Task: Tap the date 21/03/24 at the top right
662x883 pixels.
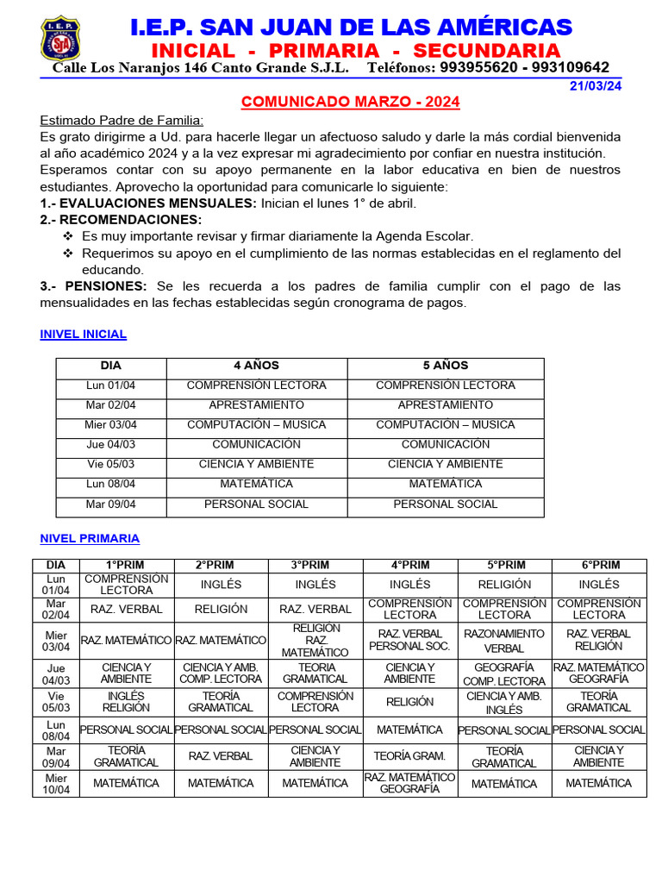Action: pos(596,85)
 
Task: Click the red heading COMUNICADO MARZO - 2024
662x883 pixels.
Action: pos(350,103)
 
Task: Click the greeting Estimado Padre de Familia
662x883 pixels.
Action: pos(122,121)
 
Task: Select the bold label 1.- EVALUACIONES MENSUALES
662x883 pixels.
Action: pos(148,203)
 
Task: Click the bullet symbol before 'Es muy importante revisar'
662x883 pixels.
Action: pos(69,236)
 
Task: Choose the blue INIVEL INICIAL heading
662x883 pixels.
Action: pos(84,334)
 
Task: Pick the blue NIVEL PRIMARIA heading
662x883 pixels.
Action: pos(90,538)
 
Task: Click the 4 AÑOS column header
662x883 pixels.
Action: pos(256,366)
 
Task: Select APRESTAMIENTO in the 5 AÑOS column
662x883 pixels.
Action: pos(446,405)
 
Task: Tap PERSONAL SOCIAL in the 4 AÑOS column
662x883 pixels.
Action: pos(256,504)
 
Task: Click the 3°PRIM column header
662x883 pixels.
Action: pos(315,565)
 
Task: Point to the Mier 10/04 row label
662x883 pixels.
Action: pos(55,783)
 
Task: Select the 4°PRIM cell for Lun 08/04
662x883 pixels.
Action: pos(409,730)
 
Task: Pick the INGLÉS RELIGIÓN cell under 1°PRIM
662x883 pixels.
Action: pos(126,702)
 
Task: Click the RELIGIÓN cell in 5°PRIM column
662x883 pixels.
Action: pos(504,585)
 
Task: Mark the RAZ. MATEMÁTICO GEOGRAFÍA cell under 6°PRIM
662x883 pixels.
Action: pos(598,673)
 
